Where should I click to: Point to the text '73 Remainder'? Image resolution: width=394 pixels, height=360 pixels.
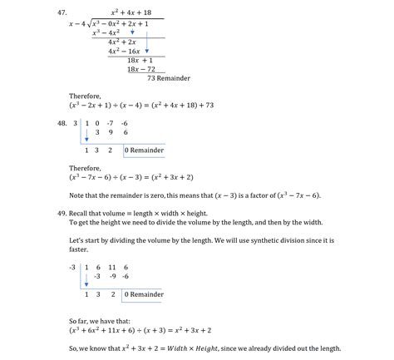coord(168,78)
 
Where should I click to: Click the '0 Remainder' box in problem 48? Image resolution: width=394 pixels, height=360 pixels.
coord(146,150)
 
